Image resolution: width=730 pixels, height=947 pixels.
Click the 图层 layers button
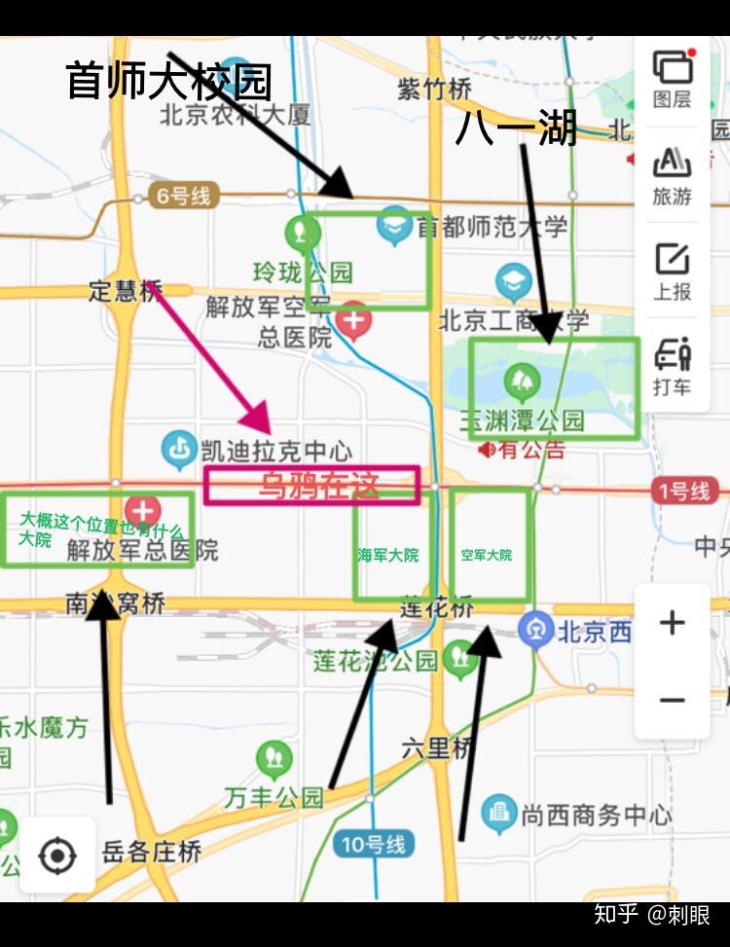click(672, 78)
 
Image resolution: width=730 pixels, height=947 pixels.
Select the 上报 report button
click(672, 270)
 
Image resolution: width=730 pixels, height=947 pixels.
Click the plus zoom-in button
click(672, 623)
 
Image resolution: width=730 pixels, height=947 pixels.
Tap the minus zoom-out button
click(672, 700)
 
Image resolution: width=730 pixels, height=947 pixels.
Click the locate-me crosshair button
click(57, 856)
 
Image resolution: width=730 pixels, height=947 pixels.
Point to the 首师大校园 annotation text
click(168, 82)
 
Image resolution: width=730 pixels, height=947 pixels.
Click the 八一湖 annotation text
click(516, 128)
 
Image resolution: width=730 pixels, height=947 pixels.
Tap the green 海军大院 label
click(387, 555)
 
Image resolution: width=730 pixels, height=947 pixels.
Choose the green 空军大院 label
click(486, 555)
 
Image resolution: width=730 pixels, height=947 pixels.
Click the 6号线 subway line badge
click(182, 197)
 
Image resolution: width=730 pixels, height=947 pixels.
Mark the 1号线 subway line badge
click(683, 492)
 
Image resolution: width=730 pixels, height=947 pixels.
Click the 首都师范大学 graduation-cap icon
click(395, 224)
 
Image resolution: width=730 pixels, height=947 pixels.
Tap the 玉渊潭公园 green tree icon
click(522, 381)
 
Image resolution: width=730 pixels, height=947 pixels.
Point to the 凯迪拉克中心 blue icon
click(179, 450)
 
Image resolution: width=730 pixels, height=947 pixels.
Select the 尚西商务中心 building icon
click(498, 813)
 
